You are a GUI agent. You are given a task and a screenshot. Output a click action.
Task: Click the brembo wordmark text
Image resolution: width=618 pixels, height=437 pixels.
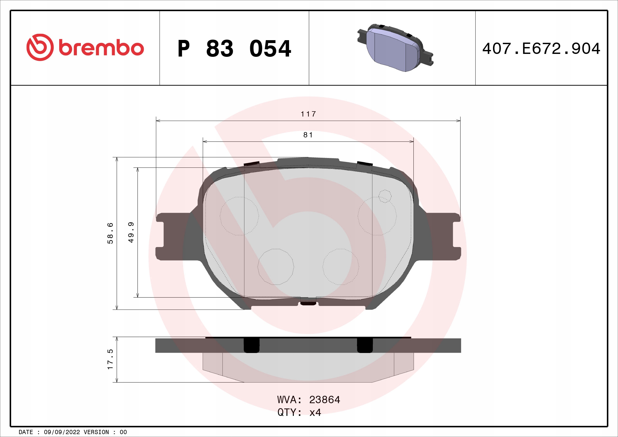point(101,48)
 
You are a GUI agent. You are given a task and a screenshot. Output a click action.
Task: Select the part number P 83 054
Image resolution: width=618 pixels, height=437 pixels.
point(234,49)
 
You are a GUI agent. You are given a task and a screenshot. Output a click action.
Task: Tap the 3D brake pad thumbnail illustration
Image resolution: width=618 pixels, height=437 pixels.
point(395,48)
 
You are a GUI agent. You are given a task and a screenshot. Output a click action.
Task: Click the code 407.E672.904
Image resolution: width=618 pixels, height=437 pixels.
point(541,49)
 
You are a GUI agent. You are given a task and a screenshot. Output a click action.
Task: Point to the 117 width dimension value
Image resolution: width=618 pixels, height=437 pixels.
point(308,114)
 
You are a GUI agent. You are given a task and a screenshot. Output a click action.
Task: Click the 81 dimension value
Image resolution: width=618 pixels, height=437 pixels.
point(308,135)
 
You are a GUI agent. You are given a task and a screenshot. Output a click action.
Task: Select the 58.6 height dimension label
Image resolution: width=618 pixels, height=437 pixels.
point(110,233)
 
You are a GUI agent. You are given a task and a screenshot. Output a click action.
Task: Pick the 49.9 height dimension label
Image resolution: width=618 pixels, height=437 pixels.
point(131,233)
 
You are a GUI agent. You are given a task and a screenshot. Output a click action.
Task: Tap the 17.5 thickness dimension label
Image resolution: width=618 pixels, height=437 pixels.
point(110,359)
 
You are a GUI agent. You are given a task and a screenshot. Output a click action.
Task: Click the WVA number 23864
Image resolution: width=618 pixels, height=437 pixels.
point(325,400)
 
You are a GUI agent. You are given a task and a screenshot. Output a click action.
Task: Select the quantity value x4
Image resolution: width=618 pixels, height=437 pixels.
point(315,412)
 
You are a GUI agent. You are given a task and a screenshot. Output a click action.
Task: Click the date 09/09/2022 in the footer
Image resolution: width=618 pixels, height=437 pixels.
point(62,432)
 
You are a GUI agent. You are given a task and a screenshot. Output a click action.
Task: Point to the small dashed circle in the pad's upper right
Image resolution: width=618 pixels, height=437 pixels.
point(385,196)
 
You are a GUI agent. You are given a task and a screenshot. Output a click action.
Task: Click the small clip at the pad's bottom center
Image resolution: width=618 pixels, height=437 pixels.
point(308,303)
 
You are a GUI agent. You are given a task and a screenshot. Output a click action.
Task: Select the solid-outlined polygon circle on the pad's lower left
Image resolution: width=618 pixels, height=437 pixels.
point(276,266)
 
